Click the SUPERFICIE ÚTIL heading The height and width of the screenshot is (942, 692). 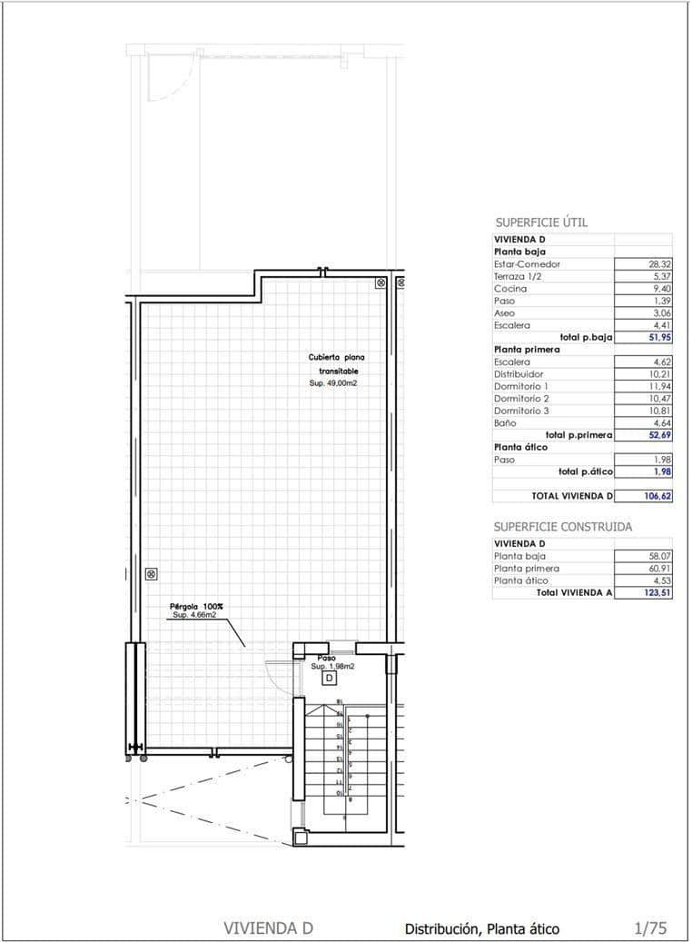pos(541,222)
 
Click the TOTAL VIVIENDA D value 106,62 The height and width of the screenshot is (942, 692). pos(651,496)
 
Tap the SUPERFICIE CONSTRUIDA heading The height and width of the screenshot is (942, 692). pos(562,526)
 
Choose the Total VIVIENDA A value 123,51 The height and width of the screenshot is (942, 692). pos(651,592)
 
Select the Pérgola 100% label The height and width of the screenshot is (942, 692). pos(197,606)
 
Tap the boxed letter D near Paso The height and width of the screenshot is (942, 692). pos(330,678)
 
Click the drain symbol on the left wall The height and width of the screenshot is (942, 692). pos(151,573)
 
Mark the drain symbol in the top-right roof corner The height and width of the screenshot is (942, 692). pos(381,283)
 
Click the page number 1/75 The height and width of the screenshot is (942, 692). pos(649,927)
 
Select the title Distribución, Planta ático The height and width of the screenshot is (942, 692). pos(481,928)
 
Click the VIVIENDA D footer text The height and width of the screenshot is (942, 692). pos(268,927)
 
